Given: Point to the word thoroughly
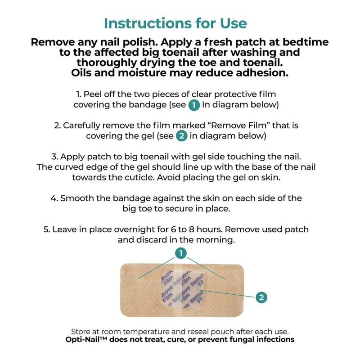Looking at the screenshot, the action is click(x=107, y=63).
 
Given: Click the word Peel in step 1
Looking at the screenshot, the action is click(x=93, y=94).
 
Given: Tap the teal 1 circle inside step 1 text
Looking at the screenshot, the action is click(x=194, y=105).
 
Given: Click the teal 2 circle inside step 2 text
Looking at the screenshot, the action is click(x=182, y=136).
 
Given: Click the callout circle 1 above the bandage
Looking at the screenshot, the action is click(x=181, y=253).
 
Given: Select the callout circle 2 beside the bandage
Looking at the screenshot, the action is click(x=261, y=297).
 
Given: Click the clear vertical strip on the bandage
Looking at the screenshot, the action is click(x=178, y=290).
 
